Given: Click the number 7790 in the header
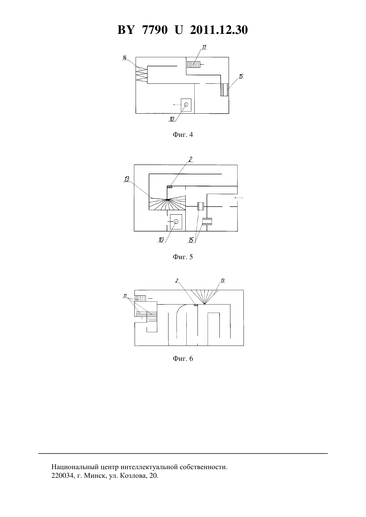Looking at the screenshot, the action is [x=155, y=30].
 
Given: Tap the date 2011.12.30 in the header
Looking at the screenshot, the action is [x=219, y=30].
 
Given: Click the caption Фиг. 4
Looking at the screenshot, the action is [x=183, y=135].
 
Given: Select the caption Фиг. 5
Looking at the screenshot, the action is [x=183, y=257].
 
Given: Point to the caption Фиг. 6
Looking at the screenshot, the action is [x=183, y=359].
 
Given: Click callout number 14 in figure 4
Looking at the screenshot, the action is [x=124, y=57].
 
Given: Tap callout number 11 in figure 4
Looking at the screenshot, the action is [x=204, y=47].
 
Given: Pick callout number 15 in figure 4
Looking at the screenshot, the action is [x=241, y=76].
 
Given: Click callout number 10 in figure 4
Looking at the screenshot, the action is [x=172, y=119].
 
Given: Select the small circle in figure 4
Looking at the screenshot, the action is [x=186, y=105].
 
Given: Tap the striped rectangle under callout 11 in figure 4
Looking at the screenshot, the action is [x=193, y=64].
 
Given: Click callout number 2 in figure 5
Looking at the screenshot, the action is [x=190, y=159].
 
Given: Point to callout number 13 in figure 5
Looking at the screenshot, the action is [x=127, y=179].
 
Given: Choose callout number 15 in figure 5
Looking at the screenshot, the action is [x=191, y=240].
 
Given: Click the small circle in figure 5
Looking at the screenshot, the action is [x=176, y=222].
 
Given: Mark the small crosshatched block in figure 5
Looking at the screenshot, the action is [x=170, y=187].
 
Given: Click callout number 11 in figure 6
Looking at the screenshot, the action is [x=125, y=296].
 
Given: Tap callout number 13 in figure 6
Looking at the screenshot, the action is [x=223, y=281].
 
